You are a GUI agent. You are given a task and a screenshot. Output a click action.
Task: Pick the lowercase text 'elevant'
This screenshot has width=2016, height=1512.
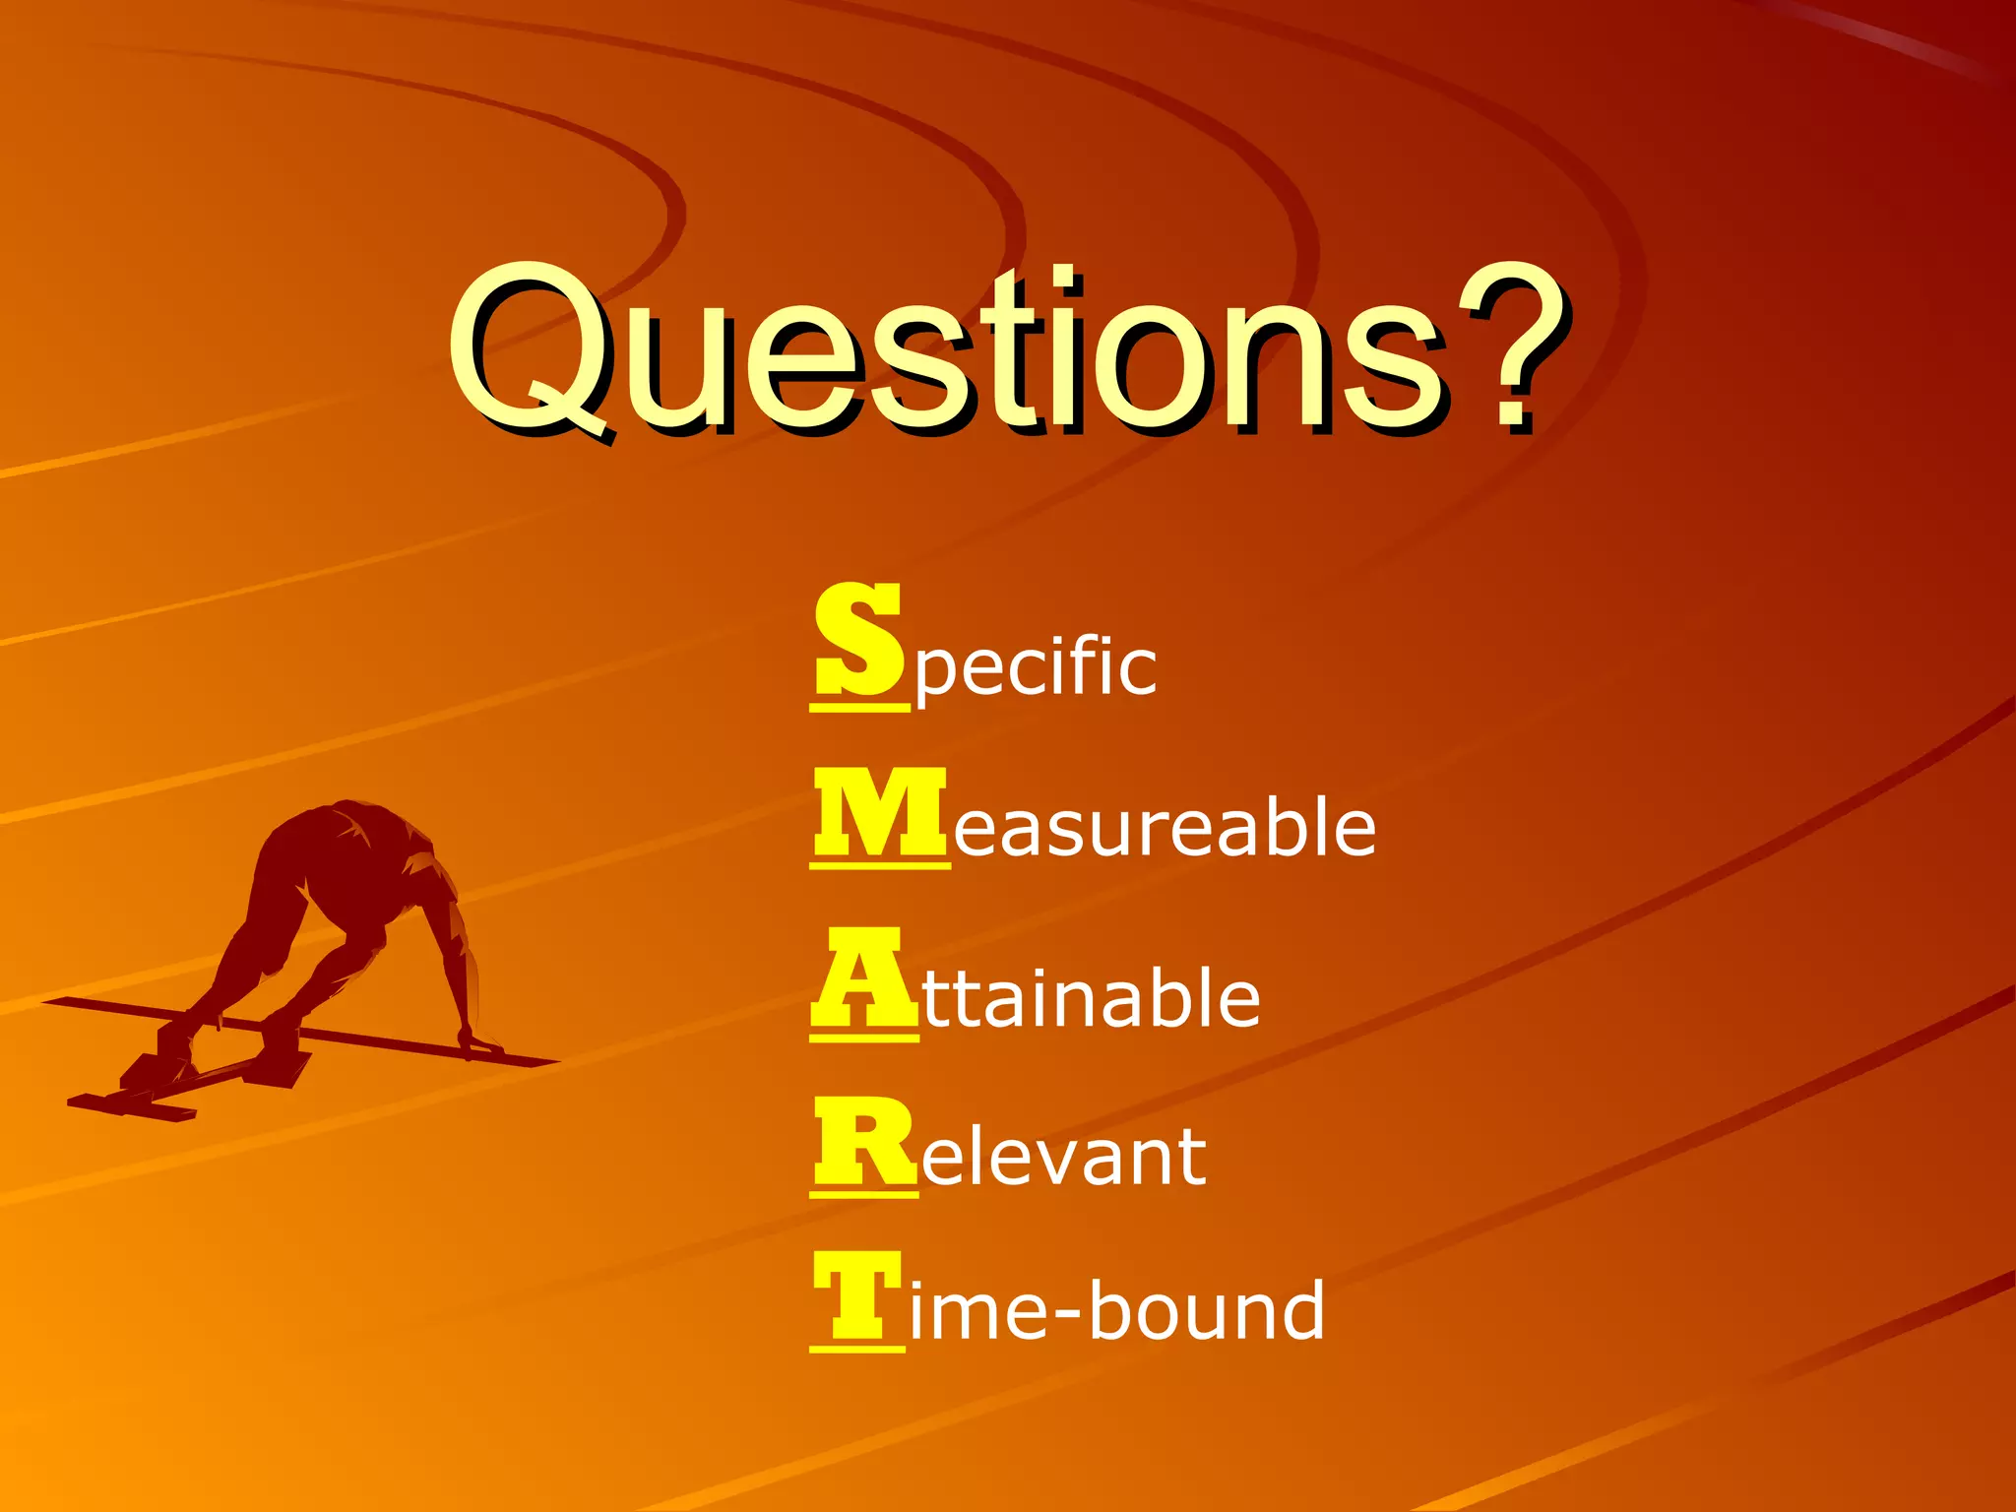coord(1063,1157)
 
